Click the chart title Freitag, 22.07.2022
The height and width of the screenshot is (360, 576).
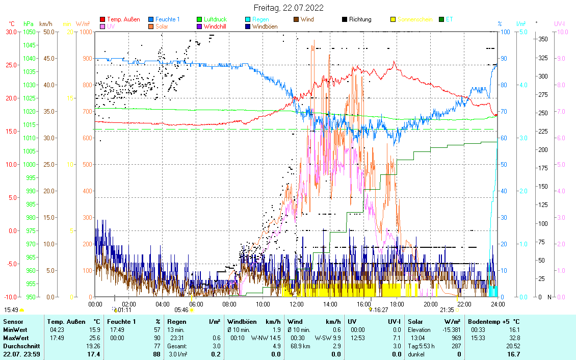(288, 8)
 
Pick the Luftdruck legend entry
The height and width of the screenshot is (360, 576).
(215, 19)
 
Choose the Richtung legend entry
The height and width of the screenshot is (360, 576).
(360, 19)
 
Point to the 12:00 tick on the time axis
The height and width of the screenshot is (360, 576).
(296, 304)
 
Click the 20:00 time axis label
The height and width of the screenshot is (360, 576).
(430, 304)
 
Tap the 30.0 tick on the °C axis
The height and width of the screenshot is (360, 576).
(10, 32)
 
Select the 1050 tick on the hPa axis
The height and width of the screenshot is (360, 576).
(29, 32)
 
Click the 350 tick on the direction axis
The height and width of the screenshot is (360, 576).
(543, 39)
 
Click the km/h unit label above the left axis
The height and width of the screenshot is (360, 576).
(45, 24)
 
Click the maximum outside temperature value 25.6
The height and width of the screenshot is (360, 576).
(94, 338)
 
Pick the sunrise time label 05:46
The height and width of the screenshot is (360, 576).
(181, 310)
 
